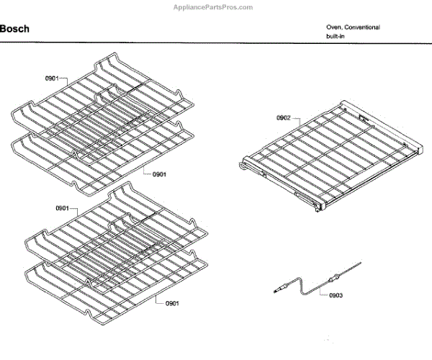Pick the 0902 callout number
pos(283,117)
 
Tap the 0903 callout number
pos(337,295)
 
